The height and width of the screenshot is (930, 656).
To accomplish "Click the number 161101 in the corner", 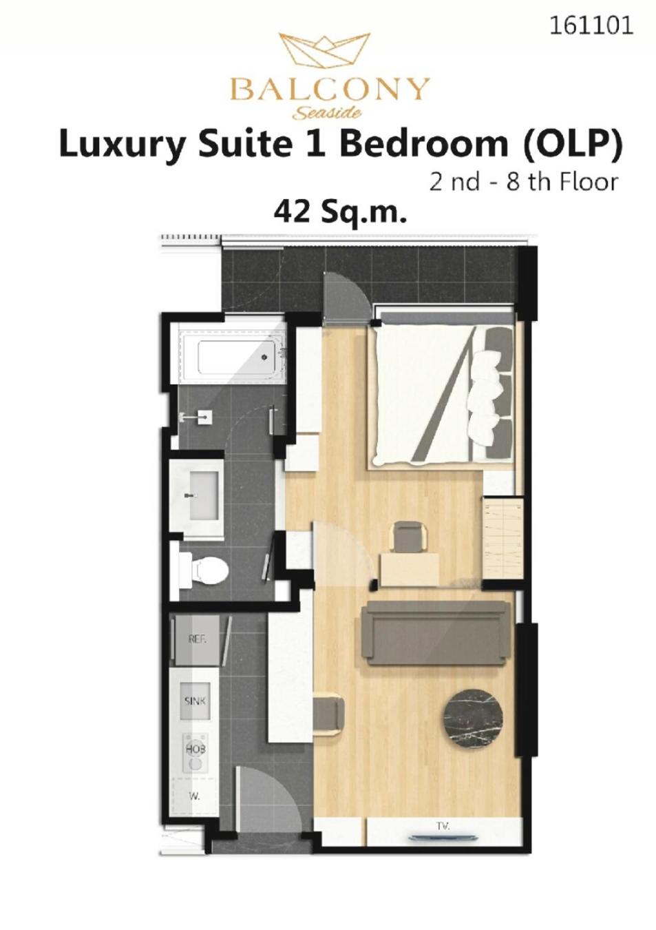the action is (x=591, y=25).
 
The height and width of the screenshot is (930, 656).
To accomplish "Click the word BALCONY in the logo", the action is (x=328, y=90).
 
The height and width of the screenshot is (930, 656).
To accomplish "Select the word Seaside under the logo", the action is (x=328, y=112).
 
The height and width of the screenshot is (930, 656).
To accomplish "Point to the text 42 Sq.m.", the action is (x=339, y=213).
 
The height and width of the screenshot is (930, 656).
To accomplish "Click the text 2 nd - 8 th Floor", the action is (x=524, y=181).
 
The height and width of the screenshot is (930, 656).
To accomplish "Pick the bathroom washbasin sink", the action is (x=204, y=495).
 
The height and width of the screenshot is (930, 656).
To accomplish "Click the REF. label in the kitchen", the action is (x=197, y=640).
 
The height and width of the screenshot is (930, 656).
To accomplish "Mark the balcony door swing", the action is (x=345, y=297).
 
